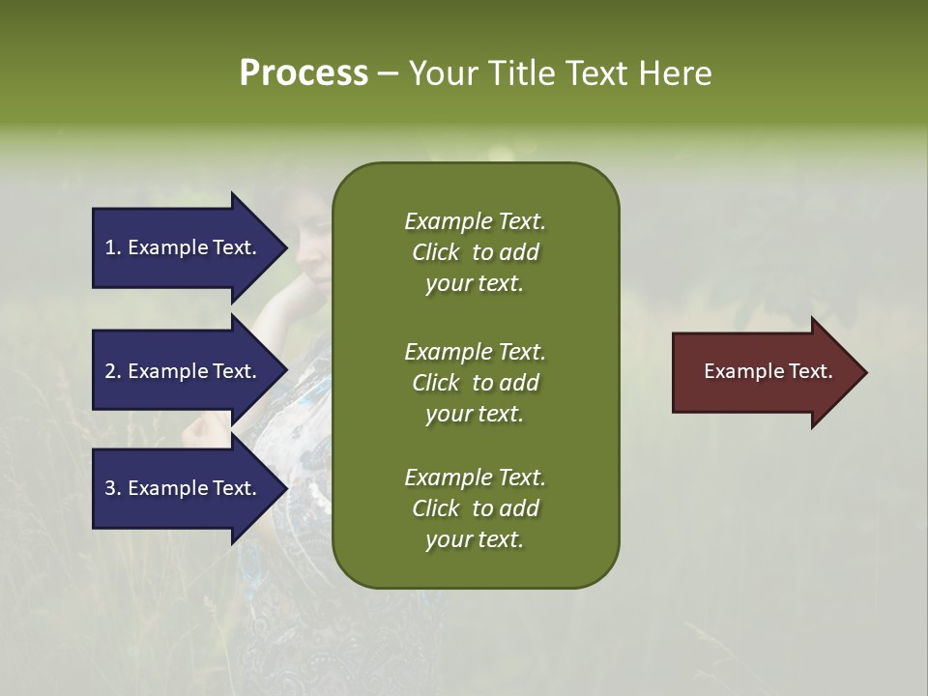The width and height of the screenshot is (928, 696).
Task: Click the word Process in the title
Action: point(304,73)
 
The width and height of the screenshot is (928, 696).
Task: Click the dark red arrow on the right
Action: point(764,372)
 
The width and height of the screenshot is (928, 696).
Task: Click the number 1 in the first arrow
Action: point(110,247)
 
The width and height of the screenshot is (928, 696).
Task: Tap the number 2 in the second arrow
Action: point(110,371)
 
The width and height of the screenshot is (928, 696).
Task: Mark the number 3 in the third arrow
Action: point(110,488)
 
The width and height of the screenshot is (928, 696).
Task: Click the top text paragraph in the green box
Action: point(475,252)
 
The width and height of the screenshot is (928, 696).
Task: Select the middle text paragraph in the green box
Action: point(475,383)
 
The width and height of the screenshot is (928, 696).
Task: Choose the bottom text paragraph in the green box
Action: point(475,508)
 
